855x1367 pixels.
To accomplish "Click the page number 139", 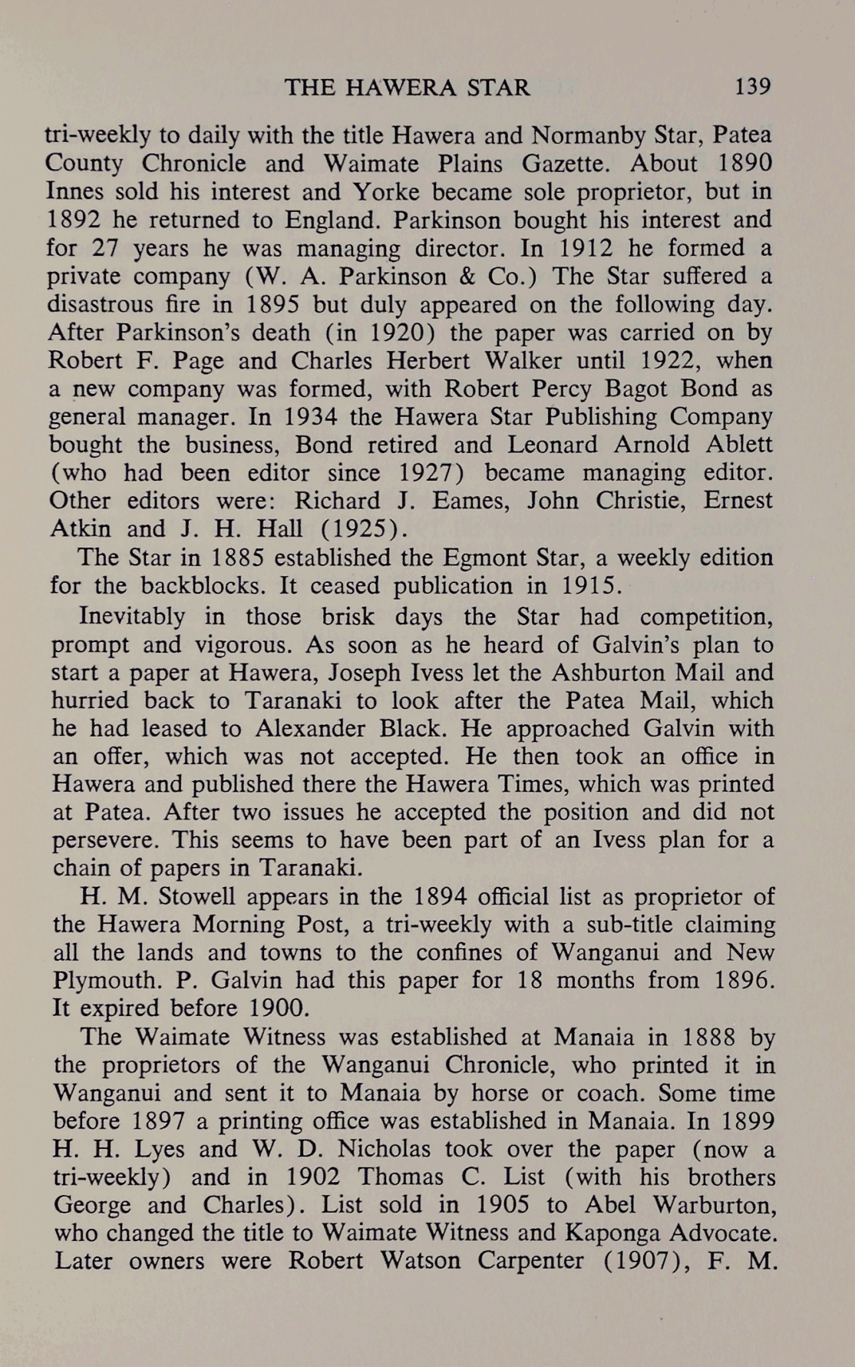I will (752, 86).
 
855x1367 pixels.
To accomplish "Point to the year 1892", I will (74, 220).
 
